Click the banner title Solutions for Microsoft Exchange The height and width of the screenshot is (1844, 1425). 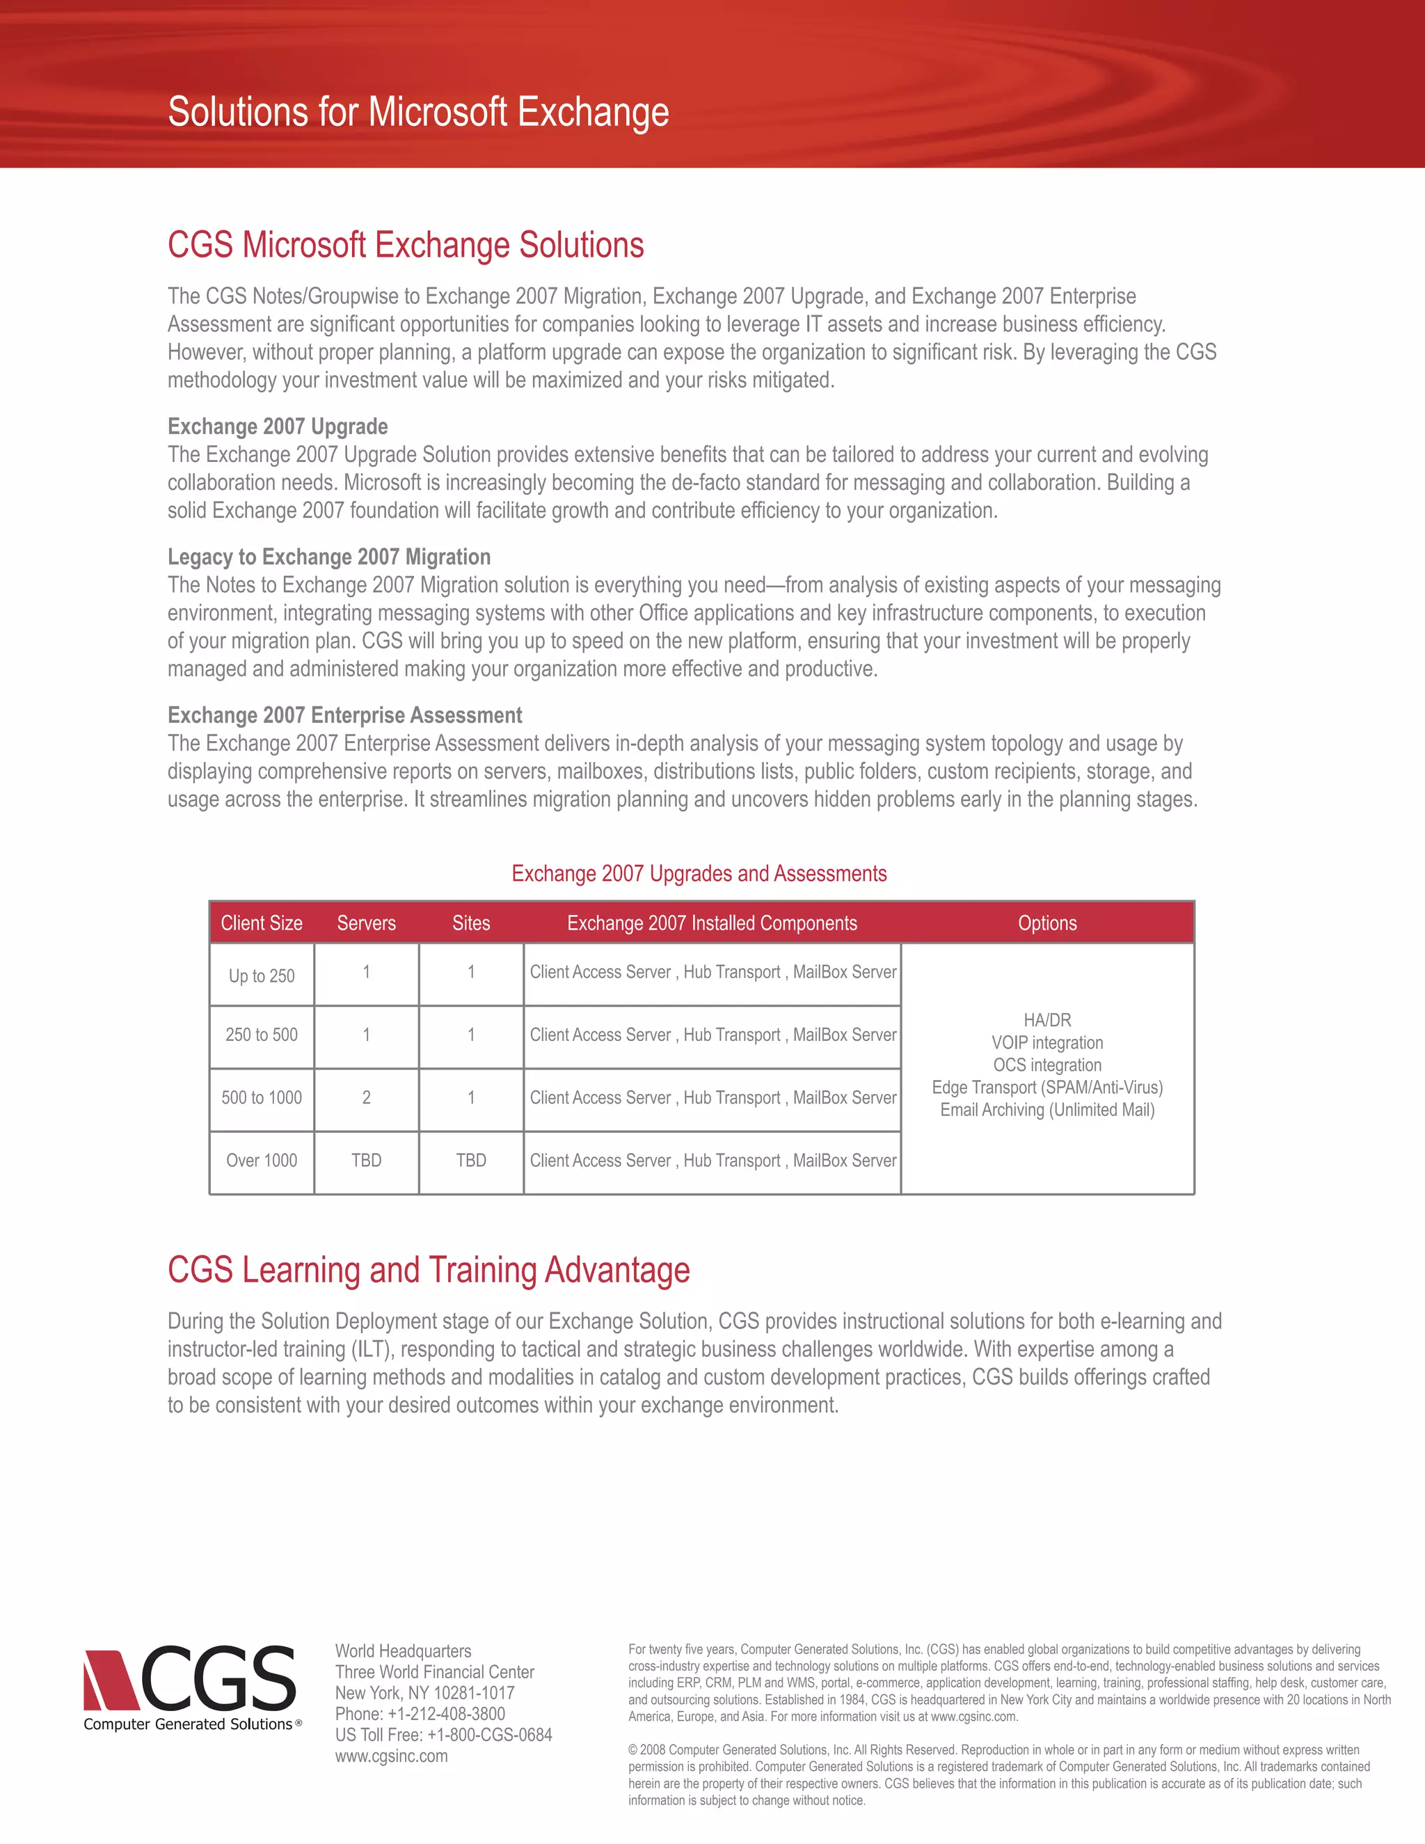click(418, 112)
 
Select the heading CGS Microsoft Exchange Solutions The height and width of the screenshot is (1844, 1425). click(405, 245)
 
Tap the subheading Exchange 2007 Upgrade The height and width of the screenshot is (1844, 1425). click(278, 427)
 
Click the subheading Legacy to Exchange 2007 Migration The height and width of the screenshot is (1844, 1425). click(328, 557)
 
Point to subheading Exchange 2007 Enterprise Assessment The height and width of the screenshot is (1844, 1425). click(344, 715)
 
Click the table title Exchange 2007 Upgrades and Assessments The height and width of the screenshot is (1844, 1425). click(699, 873)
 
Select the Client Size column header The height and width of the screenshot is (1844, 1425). click(262, 923)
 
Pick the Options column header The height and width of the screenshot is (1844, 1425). click(1046, 923)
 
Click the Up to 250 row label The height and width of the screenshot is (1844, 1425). click(262, 976)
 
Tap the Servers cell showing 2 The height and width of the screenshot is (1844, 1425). click(367, 1097)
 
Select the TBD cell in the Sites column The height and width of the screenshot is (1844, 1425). click(471, 1160)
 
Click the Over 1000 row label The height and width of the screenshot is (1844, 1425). click(262, 1160)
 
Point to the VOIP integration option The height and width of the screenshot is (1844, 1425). click(1046, 1043)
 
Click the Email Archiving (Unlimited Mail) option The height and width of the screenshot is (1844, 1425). click(1046, 1109)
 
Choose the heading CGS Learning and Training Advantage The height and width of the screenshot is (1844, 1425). click(428, 1270)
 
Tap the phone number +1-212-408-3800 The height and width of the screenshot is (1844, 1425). click(446, 1714)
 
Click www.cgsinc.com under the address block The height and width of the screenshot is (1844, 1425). click(392, 1756)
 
